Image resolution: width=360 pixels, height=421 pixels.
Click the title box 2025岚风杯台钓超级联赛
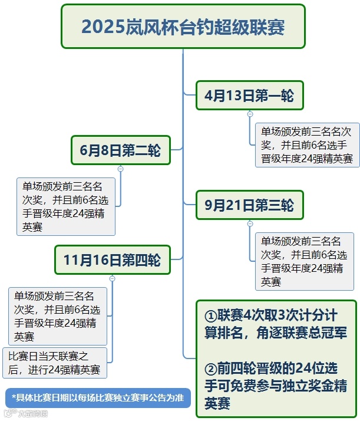(183, 27)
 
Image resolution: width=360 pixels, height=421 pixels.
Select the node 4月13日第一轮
(249, 96)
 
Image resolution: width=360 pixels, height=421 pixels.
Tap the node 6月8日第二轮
(120, 150)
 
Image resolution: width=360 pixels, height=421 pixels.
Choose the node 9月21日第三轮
(249, 205)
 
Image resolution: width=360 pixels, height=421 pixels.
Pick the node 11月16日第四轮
(112, 260)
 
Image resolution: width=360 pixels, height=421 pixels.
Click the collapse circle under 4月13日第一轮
(250, 114)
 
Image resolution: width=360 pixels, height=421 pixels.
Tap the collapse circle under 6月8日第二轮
(121, 169)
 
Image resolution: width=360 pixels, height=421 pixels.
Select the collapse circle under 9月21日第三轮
(250, 223)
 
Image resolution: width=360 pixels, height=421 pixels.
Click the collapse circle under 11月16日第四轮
(112, 278)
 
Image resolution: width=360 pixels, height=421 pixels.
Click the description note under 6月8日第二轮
(65, 206)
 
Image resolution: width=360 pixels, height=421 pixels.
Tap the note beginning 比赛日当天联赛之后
(56, 363)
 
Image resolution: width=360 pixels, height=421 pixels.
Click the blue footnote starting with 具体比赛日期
(98, 397)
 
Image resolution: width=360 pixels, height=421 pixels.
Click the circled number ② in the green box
(210, 369)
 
